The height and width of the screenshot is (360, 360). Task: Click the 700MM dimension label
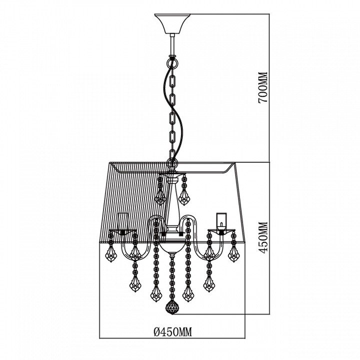coord(263,87)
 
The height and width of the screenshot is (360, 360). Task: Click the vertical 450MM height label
coord(263,237)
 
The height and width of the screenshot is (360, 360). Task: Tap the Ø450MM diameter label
coord(172,331)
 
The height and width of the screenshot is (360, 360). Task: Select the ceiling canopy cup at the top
coord(172,23)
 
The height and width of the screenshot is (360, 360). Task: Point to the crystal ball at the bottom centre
coord(172,307)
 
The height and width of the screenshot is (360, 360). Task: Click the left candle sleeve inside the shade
coord(123,221)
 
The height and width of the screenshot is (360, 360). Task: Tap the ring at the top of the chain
coord(172,62)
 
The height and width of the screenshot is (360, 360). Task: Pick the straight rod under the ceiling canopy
coord(172,44)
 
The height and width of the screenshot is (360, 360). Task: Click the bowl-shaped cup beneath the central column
coord(172,246)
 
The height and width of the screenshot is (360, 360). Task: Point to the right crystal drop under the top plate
coord(183,190)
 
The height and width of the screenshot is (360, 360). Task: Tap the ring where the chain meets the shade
coord(172,163)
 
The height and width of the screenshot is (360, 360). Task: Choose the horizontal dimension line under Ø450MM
coord(172,338)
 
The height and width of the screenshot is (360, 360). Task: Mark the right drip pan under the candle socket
coord(222,232)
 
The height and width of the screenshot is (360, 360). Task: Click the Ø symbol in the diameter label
coord(157,332)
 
